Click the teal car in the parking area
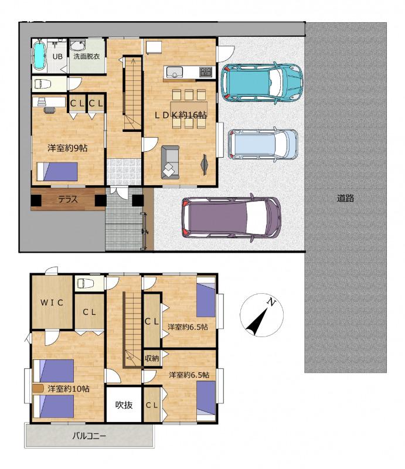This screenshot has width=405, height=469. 262,82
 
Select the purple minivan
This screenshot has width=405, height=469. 231,217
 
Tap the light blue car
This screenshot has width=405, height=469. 263,144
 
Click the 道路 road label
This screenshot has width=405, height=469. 345,198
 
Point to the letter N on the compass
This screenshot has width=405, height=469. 271,302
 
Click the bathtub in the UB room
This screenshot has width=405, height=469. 39,55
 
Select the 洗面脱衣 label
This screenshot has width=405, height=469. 86,56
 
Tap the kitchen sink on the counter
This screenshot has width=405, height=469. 175,72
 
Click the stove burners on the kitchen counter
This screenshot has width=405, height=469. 206,72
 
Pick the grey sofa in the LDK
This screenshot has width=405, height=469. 170,162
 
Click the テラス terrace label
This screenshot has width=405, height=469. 68,199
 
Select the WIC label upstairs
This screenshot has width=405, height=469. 52,303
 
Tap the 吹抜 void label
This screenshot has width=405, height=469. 124,405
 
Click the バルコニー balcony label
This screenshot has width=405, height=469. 89,436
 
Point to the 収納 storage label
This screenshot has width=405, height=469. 152,358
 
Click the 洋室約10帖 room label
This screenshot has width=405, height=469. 69,389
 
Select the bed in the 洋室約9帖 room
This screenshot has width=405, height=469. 57,172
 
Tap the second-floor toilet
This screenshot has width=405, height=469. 85,283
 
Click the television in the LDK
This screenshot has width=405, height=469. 205,164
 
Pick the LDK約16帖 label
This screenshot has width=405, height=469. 181,115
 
